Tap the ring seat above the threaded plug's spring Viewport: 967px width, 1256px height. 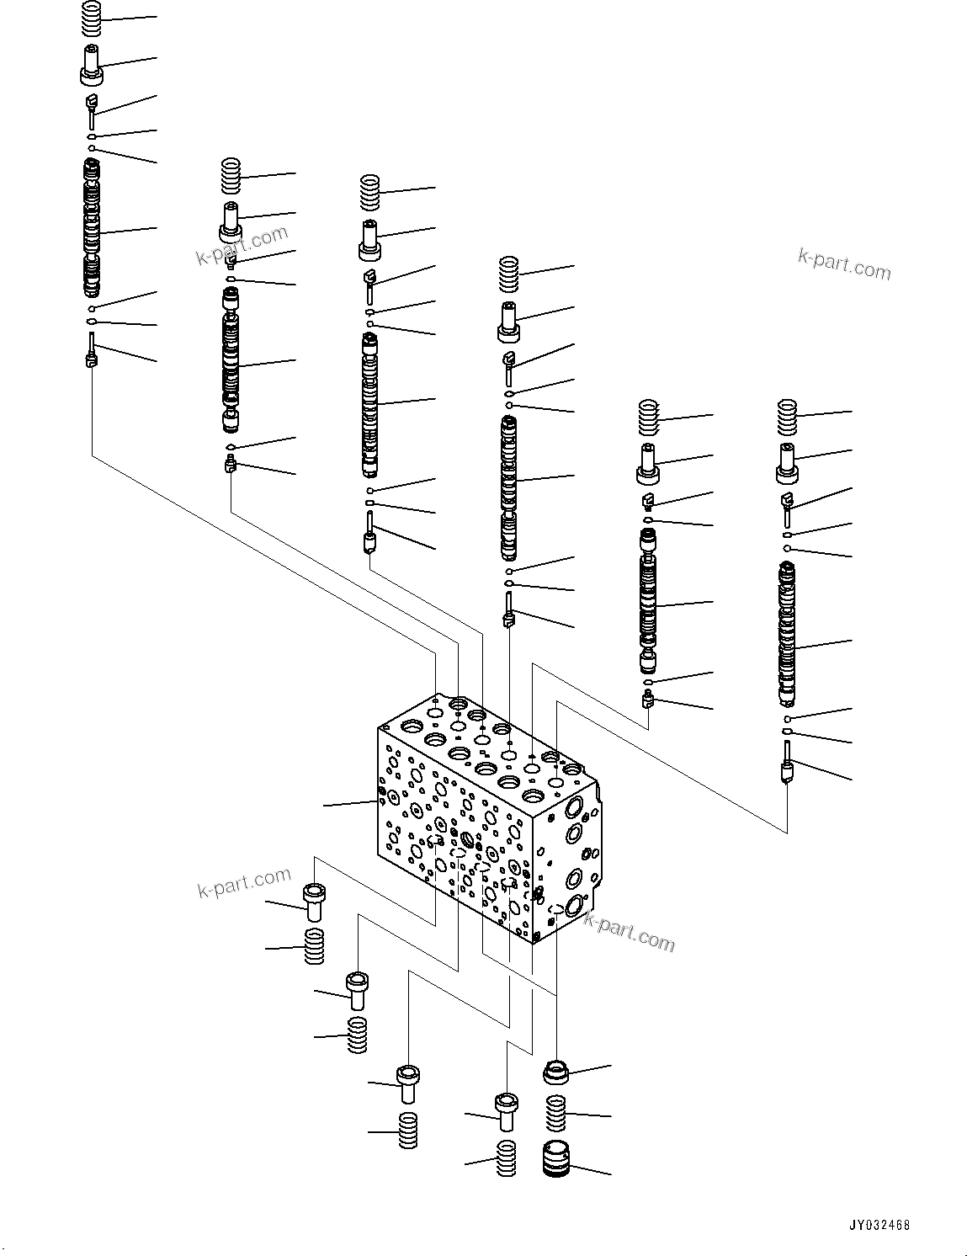click(555, 1072)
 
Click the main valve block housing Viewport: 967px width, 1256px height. click(488, 825)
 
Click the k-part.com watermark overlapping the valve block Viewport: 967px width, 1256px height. click(630, 933)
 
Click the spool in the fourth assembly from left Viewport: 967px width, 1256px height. click(509, 488)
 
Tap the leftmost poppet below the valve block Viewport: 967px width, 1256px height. click(314, 903)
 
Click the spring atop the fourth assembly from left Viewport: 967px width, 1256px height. click(509, 273)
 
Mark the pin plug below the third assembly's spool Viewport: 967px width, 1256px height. click(369, 536)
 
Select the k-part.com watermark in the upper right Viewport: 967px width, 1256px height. click(844, 264)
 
